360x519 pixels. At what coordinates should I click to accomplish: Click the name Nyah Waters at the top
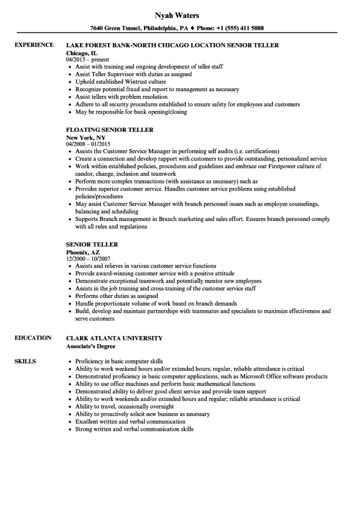[x=180, y=16]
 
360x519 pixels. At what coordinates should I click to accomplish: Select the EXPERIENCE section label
[x=34, y=45]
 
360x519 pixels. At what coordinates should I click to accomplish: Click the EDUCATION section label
[x=33, y=338]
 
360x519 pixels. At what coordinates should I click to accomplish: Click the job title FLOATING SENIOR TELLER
[x=110, y=130]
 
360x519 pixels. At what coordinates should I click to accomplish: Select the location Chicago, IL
[x=82, y=53]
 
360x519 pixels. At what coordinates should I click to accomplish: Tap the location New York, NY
[x=85, y=137]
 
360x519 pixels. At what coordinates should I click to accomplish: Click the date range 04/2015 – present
[x=88, y=60]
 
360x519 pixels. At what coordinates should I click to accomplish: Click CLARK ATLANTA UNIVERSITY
[x=115, y=338]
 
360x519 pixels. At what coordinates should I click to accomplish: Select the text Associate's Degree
[x=91, y=347]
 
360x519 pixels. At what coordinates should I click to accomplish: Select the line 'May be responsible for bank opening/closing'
[x=131, y=112]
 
